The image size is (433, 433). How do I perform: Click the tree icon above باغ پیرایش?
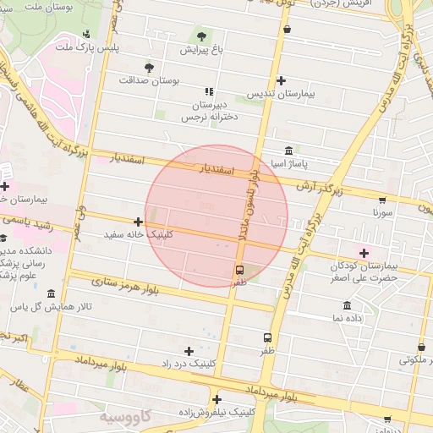pyautogui.click(x=201, y=36)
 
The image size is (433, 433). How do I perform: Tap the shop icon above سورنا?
pyautogui.click(x=382, y=200)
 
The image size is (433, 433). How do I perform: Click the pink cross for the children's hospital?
pyautogui.click(x=364, y=253)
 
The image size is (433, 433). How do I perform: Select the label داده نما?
pyautogui.click(x=348, y=317)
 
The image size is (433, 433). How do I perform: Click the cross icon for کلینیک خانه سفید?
pyautogui.click(x=139, y=222)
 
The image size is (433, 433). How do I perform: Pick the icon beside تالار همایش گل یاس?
pyautogui.click(x=52, y=293)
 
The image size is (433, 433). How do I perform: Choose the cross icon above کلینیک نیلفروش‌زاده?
pyautogui.click(x=216, y=399)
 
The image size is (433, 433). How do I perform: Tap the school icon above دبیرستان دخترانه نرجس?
pyautogui.click(x=208, y=91)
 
